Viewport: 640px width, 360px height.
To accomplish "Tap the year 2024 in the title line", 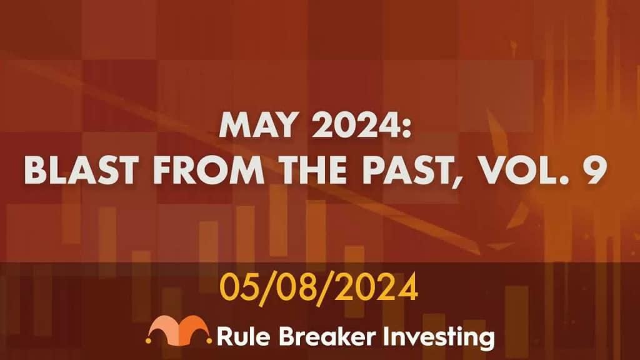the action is [354, 125].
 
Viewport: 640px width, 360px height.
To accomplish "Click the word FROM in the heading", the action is [209, 171].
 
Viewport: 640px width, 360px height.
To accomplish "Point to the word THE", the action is [314, 171].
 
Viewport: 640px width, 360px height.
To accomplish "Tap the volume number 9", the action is [594, 171].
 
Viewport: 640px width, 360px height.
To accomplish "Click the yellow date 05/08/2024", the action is [319, 287].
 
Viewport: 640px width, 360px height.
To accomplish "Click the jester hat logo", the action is [178, 330].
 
